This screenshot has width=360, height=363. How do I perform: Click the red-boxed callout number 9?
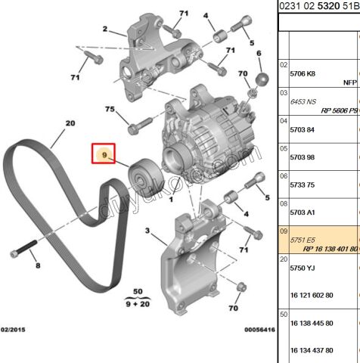[x=104, y=155]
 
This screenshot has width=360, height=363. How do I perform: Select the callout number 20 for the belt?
[x=70, y=123]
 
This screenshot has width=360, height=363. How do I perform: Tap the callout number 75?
[x=110, y=110]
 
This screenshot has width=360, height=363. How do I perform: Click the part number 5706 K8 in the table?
[x=303, y=75]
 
